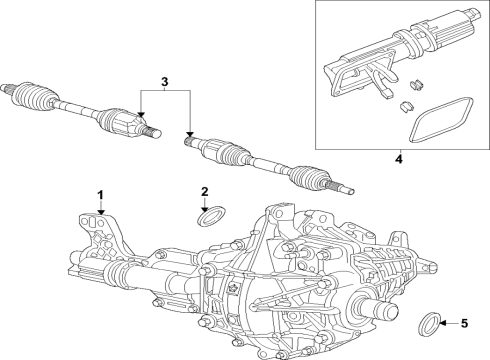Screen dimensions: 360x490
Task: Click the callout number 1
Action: [99, 192]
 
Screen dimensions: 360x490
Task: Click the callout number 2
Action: [204, 191]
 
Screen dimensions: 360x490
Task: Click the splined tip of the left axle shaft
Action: [151, 130]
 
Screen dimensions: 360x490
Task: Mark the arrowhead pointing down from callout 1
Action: [99, 213]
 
